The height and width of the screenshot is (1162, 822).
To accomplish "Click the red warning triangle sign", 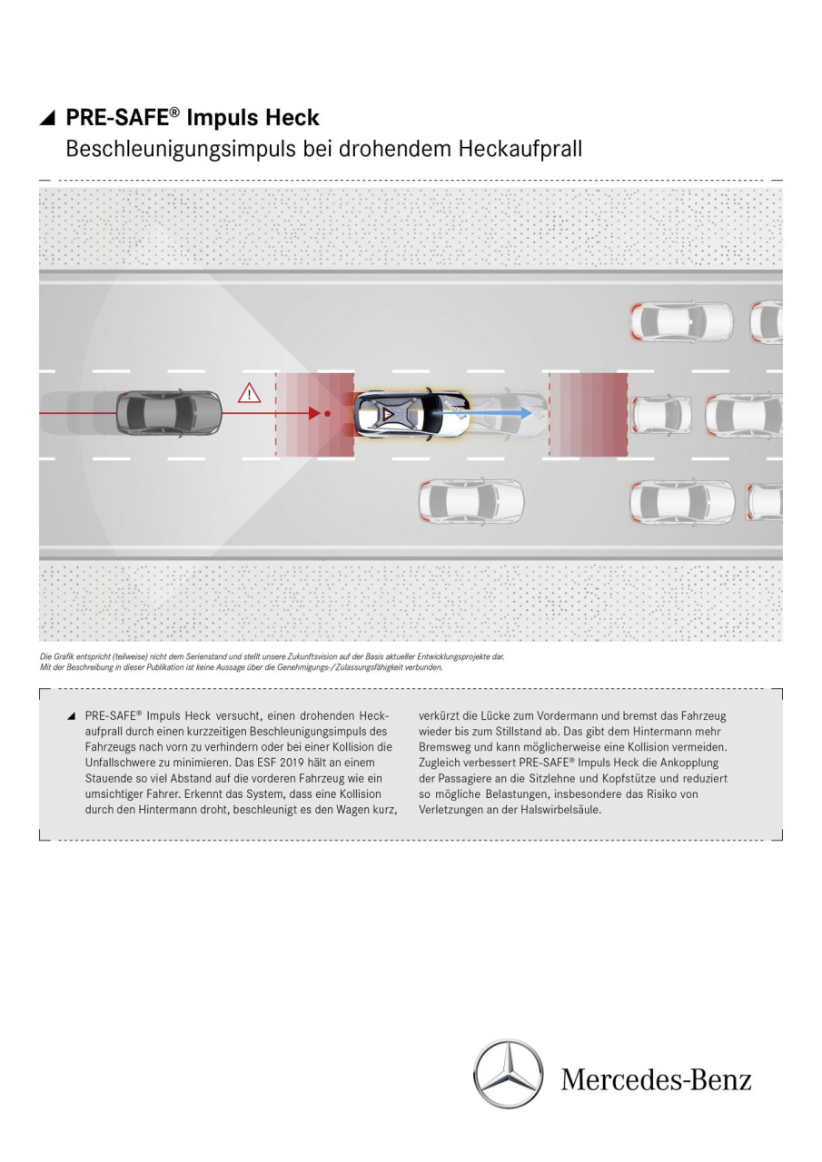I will (248, 394).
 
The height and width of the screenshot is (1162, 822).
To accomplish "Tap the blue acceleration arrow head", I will (526, 412).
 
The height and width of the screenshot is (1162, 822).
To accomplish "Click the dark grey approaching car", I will (169, 412).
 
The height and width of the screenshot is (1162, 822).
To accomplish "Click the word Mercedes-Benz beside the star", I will (656, 1080).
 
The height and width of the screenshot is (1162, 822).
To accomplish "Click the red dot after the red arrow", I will (328, 413).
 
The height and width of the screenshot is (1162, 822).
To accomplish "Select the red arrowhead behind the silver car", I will (314, 413).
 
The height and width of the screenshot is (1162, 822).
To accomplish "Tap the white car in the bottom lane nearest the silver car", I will (470, 501).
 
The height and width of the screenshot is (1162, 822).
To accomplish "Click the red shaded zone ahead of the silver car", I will (588, 414).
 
